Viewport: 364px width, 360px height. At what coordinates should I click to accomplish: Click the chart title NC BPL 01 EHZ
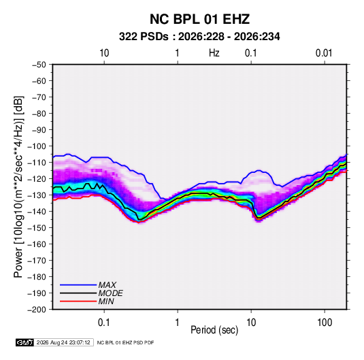pos(199,19)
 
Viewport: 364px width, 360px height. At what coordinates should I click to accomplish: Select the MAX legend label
pos(107,285)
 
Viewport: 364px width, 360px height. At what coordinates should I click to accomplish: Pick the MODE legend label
pos(110,293)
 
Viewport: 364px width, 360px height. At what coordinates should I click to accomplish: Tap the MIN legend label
pos(106,301)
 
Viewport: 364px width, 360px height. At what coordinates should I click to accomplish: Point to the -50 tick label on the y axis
pos(39,65)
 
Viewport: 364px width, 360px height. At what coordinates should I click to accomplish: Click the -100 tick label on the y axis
pos(37,146)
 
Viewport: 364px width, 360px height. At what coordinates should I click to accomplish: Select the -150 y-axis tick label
pos(37,228)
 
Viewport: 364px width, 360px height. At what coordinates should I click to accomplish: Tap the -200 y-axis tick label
pos(37,310)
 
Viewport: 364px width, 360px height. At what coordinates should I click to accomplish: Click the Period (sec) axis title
pos(214,330)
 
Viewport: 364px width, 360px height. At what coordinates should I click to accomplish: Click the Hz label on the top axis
pos(214,53)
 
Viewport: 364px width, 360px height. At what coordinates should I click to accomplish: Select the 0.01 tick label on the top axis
pos(324,53)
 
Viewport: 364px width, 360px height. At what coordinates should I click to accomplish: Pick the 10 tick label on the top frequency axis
pos(104,53)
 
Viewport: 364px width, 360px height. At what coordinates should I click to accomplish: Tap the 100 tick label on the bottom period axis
pos(325,323)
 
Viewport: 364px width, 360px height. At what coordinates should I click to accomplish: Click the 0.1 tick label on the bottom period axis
pos(104,323)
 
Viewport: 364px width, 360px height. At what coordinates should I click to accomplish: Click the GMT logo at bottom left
pos(25,342)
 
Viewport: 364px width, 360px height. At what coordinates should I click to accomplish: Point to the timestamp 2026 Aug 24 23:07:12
pos(63,342)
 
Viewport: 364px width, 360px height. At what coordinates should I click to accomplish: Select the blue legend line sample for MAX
pos(78,285)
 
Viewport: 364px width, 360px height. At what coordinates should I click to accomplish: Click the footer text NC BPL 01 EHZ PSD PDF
pos(125,342)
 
